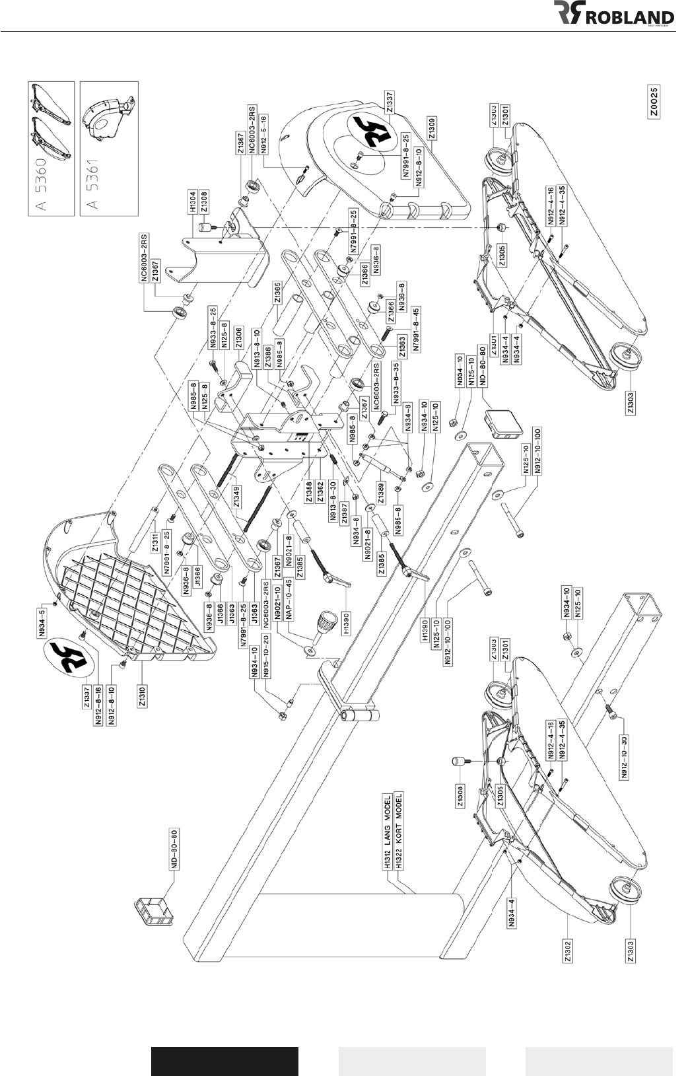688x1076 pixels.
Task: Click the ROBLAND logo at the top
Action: coord(614,15)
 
